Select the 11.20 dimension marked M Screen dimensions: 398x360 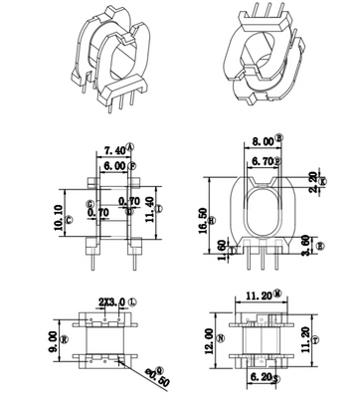[x=261, y=296]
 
